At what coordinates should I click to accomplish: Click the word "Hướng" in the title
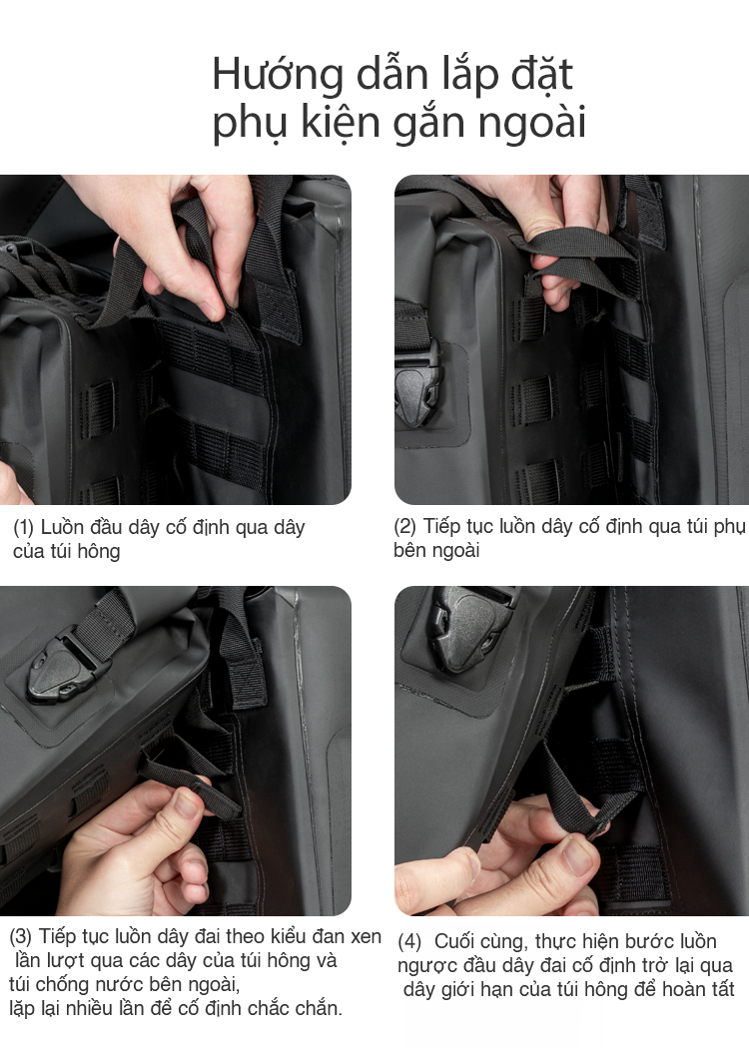pos(278,75)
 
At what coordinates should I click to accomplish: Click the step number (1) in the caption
pos(23,527)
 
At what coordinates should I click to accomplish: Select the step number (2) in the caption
pos(404,527)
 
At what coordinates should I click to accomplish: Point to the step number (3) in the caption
pos(20,936)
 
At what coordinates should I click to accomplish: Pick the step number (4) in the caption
pos(409,942)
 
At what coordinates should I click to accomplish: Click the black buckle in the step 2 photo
pos(416,387)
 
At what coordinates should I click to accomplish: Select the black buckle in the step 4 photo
pos(469,628)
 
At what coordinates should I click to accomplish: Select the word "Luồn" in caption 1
pos(62,527)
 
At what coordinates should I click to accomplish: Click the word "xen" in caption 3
pos(366,936)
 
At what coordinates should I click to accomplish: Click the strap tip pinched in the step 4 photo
pos(597,826)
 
